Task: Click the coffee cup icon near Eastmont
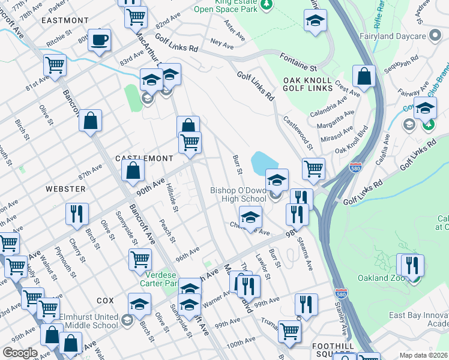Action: [100, 41]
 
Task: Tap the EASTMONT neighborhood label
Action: [64, 20]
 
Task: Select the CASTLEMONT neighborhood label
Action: [144, 158]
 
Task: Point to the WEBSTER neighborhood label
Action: [65, 188]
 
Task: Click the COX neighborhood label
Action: [104, 299]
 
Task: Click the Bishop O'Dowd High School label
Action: [238, 194]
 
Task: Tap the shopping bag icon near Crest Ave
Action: [364, 77]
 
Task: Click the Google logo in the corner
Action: [20, 353]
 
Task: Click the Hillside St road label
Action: [172, 199]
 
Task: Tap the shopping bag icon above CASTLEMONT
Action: [188, 126]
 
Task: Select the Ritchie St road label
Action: [60, 44]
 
